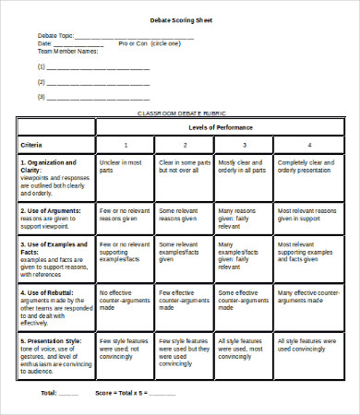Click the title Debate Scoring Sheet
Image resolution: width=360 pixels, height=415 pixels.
[x=180, y=19]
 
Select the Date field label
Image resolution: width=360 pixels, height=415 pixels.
[x=44, y=43]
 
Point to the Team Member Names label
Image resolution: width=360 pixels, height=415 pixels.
[x=66, y=52]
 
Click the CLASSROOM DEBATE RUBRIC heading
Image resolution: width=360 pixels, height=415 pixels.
[x=180, y=112]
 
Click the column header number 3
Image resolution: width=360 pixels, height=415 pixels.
[x=245, y=146]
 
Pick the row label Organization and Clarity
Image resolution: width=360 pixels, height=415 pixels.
[x=49, y=164]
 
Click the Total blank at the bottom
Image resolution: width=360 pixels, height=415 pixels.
[x=68, y=394]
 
